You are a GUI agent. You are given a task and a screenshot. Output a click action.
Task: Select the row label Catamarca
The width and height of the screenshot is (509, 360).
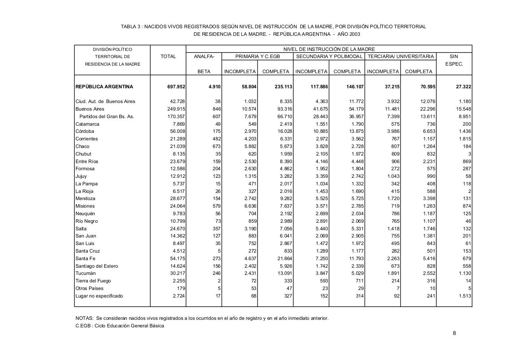87,124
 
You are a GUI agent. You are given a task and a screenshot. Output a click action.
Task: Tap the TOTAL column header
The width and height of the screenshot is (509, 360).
168,56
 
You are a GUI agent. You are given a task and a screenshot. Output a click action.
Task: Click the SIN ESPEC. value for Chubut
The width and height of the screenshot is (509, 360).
470,154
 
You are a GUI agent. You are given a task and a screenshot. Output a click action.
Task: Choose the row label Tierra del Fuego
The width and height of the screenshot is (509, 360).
93,281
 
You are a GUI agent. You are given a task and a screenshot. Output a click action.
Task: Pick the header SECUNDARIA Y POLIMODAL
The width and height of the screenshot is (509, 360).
329,56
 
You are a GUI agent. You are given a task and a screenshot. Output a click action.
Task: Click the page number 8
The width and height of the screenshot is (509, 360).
454,333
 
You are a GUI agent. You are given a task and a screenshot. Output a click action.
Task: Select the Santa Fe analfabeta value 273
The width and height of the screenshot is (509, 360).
216,259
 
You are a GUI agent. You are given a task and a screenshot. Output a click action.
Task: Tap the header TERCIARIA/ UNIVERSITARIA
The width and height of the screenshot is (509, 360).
400,56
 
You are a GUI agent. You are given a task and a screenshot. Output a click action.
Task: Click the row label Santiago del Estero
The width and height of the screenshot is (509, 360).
97,266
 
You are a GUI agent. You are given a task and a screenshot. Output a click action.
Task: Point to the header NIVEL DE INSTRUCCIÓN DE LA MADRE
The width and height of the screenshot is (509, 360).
329,49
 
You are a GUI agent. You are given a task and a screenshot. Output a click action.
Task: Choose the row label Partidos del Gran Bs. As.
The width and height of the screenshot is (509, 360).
107,117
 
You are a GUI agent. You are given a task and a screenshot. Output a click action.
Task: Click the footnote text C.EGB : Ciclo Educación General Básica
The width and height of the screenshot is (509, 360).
120,326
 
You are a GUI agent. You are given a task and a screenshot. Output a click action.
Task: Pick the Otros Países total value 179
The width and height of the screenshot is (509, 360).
181,288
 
